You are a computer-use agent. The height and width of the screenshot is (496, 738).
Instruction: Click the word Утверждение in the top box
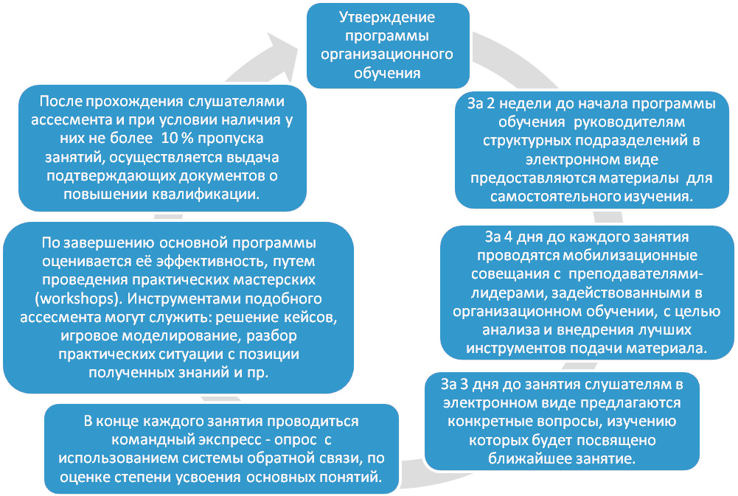(387, 18)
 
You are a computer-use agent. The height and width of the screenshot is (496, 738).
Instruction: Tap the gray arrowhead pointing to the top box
(278, 48)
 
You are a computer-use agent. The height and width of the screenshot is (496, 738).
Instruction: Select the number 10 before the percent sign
(170, 139)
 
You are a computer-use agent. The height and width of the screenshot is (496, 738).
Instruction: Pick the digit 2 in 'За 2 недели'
(490, 103)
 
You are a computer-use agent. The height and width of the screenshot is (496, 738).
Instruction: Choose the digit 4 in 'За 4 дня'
(508, 237)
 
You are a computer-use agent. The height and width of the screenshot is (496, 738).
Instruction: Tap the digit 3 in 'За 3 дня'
(463, 385)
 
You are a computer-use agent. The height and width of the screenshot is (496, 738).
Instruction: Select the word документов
(223, 176)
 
